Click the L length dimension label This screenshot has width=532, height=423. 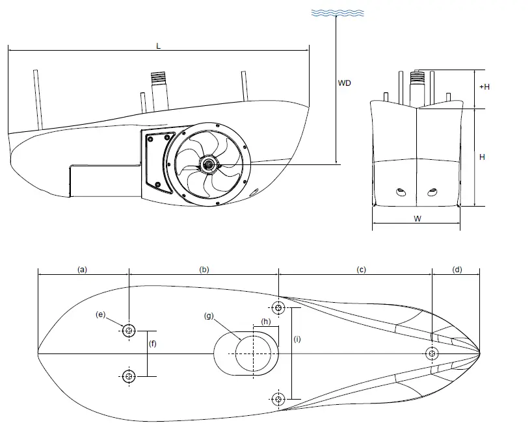159,46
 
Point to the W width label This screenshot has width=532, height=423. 417,219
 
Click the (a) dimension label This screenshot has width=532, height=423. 83,268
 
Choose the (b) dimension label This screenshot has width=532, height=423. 204,268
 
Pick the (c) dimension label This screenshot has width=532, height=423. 362,268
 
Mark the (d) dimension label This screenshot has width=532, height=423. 457,268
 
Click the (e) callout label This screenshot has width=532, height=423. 101,314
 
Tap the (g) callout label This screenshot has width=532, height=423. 209,316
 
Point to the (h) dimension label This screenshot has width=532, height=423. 266,322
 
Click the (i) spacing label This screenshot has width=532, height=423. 297,339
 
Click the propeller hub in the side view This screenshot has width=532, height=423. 208,165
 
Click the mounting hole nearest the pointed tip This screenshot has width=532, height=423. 432,353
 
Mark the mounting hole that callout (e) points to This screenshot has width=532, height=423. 129,331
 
